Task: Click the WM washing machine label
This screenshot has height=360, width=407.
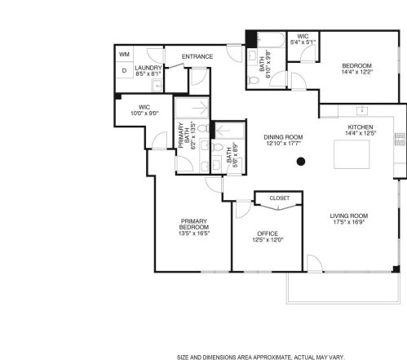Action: tap(125, 55)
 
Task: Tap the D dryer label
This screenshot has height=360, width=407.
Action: tap(124, 70)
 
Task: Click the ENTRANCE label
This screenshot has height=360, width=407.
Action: tap(197, 56)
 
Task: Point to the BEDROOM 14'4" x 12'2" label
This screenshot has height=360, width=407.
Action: tap(356, 65)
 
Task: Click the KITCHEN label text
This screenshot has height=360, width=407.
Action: tap(361, 128)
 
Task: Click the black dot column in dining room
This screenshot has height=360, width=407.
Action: tap(301, 162)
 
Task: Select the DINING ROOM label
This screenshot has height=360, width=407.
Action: tap(283, 137)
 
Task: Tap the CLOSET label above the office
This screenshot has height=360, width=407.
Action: tap(279, 198)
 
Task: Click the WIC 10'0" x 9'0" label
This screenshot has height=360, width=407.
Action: tap(144, 106)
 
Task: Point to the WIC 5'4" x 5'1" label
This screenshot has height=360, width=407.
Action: tap(303, 37)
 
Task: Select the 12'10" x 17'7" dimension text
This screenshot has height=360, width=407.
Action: tap(283, 144)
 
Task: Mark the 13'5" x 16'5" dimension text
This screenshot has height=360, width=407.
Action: tap(194, 233)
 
